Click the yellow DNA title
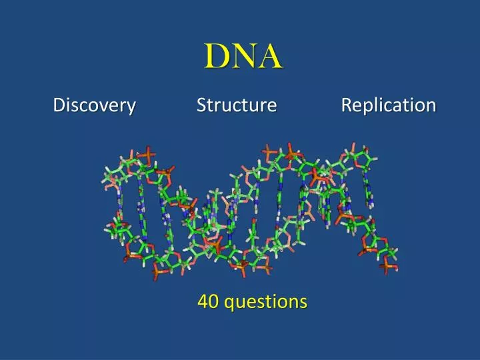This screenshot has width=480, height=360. click(x=243, y=57)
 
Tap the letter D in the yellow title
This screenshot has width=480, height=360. click(x=216, y=57)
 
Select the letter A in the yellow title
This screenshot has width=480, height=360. click(x=270, y=57)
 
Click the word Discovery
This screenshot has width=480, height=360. click(x=95, y=105)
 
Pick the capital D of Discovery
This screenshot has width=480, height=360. click(x=59, y=105)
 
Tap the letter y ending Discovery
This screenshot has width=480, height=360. click(x=131, y=107)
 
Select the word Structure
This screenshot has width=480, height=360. click(x=237, y=105)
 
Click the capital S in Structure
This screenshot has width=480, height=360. click(x=201, y=105)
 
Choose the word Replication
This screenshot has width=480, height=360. click(x=389, y=105)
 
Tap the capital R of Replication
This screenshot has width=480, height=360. click(x=347, y=105)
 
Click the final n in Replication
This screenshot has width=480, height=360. click(x=431, y=106)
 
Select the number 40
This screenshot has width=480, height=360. click(x=208, y=302)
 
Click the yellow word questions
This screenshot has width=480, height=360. click(x=265, y=303)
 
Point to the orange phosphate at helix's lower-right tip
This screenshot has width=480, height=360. click(x=389, y=266)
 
